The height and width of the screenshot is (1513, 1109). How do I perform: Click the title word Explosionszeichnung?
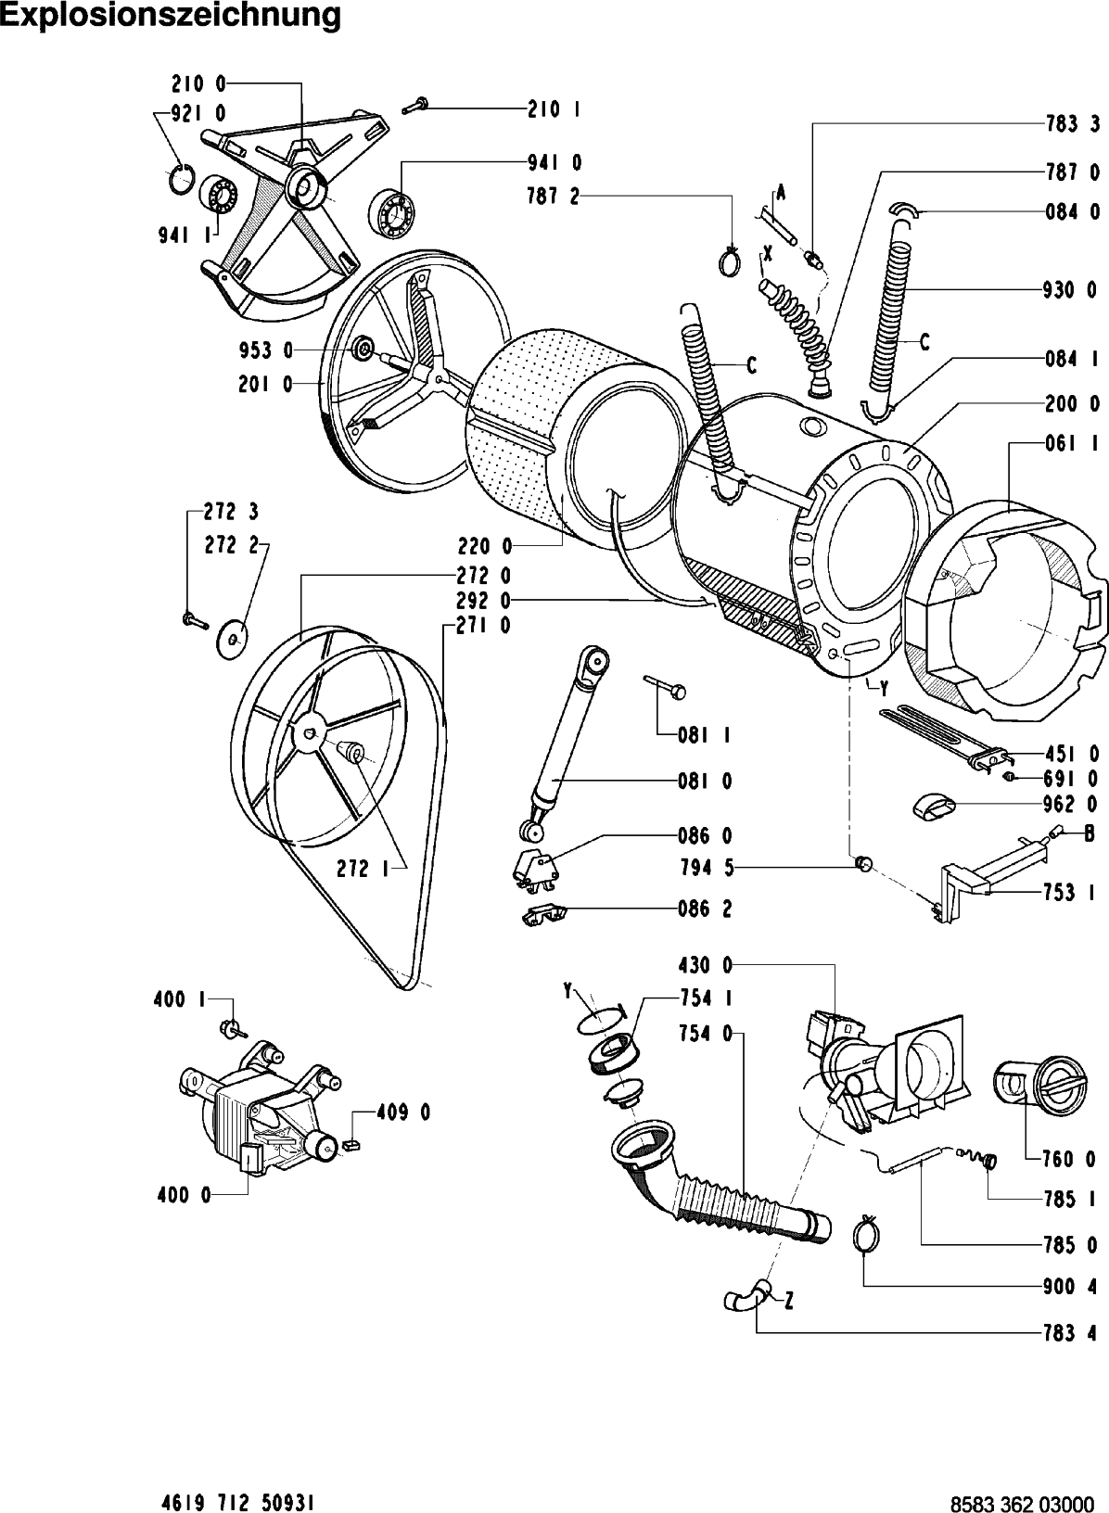(x=171, y=16)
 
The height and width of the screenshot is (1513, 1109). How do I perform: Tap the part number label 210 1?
(x=554, y=110)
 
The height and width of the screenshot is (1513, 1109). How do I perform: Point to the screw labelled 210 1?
(x=414, y=106)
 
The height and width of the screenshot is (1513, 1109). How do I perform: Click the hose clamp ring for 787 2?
(x=730, y=261)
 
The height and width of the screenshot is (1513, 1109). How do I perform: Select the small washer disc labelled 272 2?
(x=233, y=638)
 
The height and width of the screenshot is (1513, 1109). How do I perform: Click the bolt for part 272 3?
(x=194, y=618)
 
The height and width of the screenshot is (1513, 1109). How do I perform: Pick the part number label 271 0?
(x=483, y=626)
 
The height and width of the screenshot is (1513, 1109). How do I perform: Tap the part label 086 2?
(x=705, y=909)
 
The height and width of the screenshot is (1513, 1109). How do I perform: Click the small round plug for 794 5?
(x=863, y=865)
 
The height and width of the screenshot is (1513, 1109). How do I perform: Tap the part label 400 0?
(x=183, y=1196)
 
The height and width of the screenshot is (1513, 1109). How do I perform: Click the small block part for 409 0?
(x=351, y=1145)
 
